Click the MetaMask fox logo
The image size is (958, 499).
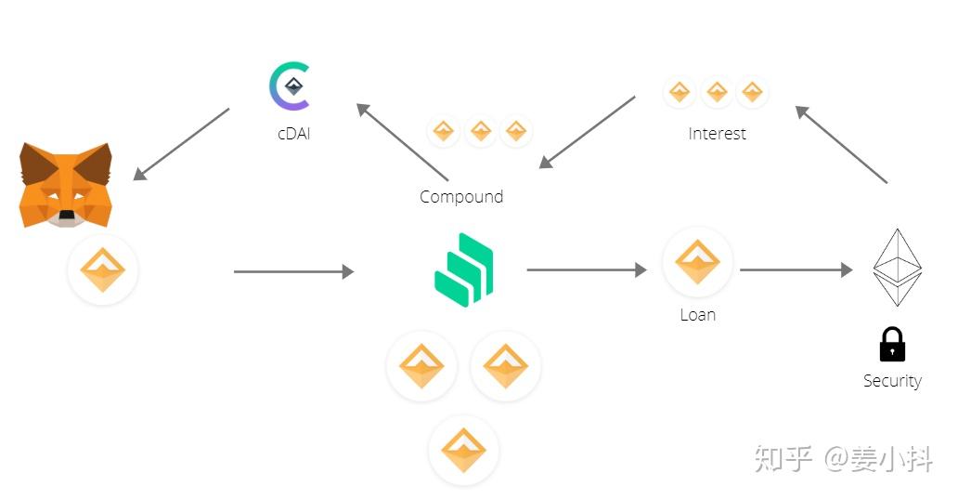pyautogui.click(x=66, y=185)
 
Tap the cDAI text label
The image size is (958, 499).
pyautogui.click(x=294, y=134)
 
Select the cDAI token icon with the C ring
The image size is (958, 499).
pyautogui.click(x=290, y=87)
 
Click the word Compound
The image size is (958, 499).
pyautogui.click(x=461, y=197)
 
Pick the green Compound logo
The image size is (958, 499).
pyautogui.click(x=464, y=269)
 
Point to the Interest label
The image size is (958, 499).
pyautogui.click(x=717, y=134)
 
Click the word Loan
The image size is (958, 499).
pyautogui.click(x=697, y=315)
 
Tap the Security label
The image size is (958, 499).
pyautogui.click(x=892, y=381)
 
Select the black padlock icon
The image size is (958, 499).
pyautogui.click(x=892, y=345)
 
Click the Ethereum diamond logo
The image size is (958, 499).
pyautogui.click(x=897, y=268)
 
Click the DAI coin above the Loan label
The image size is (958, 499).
pyautogui.click(x=697, y=262)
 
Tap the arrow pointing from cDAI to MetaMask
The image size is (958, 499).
pyautogui.click(x=181, y=144)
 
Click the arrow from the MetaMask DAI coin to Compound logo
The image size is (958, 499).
pyautogui.click(x=293, y=271)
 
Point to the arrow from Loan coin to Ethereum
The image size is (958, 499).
pyautogui.click(x=796, y=270)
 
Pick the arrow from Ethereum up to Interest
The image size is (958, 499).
pyautogui.click(x=842, y=144)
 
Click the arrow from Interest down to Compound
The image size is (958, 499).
pyautogui.click(x=588, y=131)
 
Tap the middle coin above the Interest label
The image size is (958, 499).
pyautogui.click(x=716, y=92)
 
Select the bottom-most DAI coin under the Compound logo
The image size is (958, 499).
pyautogui.click(x=463, y=451)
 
